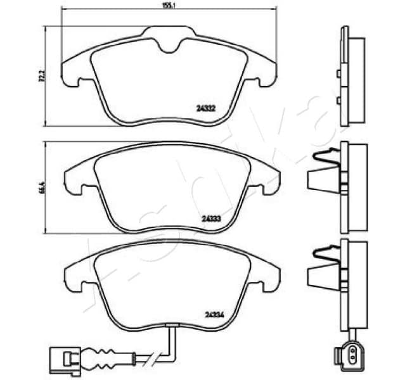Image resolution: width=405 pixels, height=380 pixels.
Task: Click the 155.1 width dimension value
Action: pos(168,6)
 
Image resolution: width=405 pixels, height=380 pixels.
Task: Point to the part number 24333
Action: pos(210,218)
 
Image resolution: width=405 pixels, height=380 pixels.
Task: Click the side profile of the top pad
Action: pos(352,76)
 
